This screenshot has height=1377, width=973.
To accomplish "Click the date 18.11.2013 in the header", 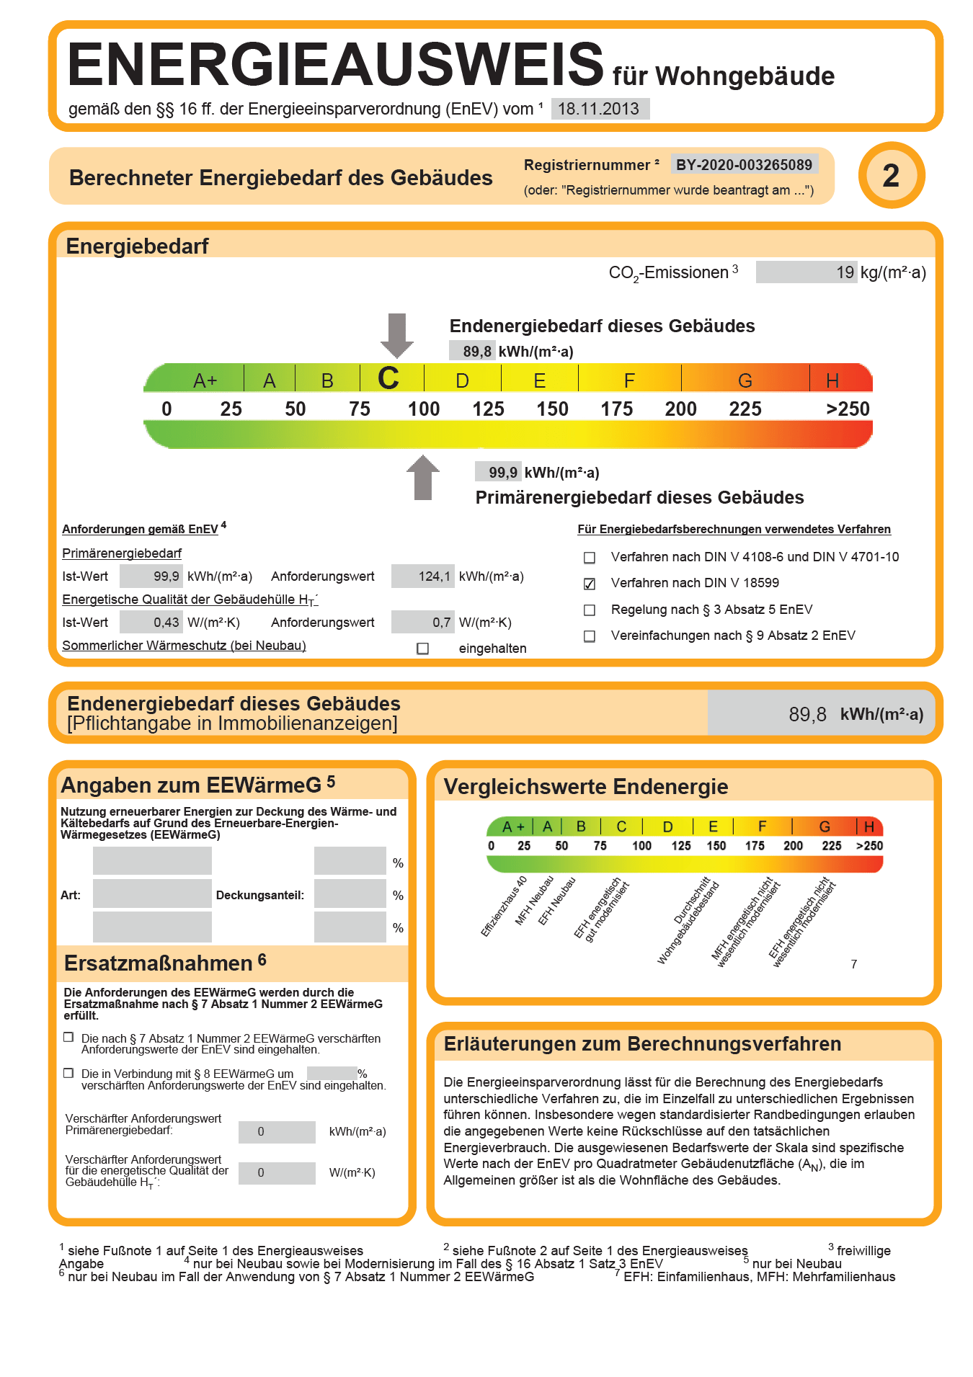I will point(599,109).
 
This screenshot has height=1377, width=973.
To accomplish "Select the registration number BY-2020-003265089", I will point(744,165).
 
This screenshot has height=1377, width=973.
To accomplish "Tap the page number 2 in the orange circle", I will point(892,176).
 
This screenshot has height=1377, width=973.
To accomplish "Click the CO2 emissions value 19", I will point(845,272).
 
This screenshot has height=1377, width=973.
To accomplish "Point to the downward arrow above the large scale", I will point(396,334).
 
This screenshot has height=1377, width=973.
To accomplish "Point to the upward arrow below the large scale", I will point(423,478).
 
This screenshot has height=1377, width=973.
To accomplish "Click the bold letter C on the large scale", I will point(388,379).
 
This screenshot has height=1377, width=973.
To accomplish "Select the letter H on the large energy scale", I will point(832,380).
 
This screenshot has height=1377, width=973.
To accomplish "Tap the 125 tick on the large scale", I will point(488,409).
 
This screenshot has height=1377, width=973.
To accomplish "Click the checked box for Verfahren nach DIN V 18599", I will point(590,584).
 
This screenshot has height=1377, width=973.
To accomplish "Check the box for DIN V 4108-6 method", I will point(590,558).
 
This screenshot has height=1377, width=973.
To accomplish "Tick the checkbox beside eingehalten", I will point(423,649).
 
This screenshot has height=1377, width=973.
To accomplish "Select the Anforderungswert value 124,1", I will point(434,576).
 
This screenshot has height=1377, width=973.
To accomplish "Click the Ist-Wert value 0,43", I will point(166,623).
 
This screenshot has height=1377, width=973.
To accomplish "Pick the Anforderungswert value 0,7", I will point(442,623).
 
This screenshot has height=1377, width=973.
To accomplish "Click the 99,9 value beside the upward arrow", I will point(502,473).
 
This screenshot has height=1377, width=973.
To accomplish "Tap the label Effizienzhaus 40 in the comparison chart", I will point(505,906).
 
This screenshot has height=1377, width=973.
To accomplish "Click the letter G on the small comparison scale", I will point(825,826).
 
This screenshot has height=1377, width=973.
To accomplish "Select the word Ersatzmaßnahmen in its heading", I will point(159,963).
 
